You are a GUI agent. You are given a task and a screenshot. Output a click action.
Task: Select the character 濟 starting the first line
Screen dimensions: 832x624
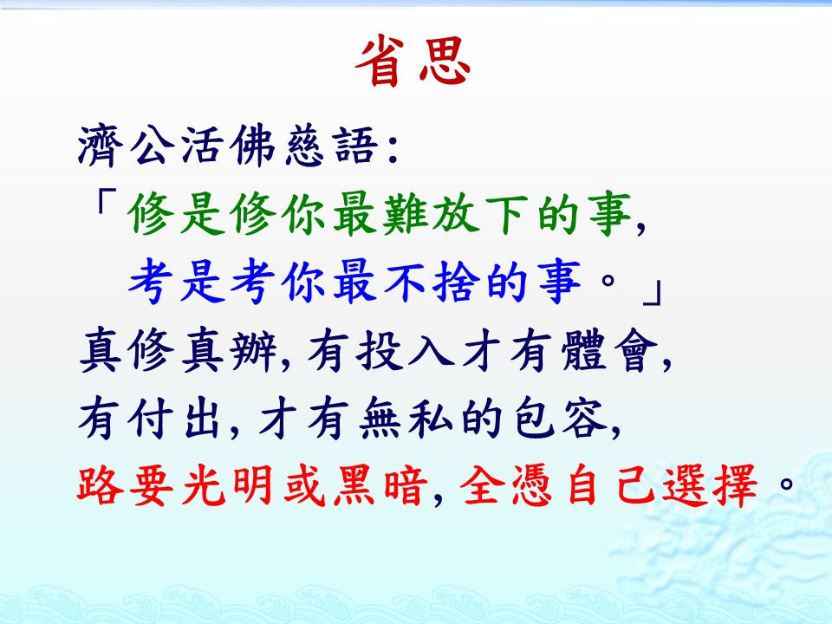coord(101,146)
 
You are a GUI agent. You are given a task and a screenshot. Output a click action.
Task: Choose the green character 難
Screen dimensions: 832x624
coord(405,214)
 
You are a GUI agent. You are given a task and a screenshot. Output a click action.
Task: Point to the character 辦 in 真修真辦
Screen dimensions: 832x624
coord(254,351)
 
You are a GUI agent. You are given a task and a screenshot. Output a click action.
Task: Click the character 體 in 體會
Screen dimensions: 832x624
coord(584,349)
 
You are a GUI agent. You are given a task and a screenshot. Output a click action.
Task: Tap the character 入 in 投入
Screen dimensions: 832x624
coord(431,349)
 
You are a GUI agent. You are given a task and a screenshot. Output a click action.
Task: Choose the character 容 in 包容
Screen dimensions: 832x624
coord(584,419)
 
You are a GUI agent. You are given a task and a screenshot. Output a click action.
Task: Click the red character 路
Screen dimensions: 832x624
coord(101,485)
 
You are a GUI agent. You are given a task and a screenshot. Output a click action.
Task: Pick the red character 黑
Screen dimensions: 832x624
coord(356,485)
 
